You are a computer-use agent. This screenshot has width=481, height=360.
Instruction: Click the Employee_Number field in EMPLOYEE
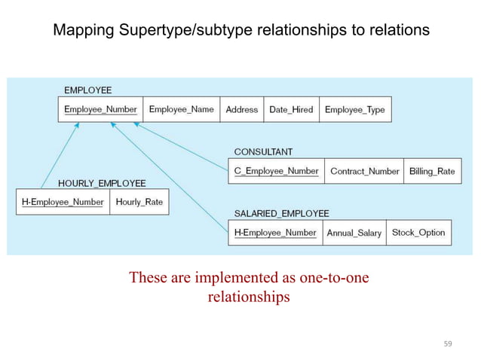[100, 110]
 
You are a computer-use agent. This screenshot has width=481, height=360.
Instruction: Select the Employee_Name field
[181, 110]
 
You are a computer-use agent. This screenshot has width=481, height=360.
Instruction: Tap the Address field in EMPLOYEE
[241, 110]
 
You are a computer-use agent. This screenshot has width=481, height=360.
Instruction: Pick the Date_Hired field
[291, 110]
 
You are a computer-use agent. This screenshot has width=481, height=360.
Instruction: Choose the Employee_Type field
[354, 110]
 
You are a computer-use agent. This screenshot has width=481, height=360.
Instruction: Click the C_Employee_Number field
[276, 171]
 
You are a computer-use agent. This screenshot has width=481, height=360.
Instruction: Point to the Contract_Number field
[365, 171]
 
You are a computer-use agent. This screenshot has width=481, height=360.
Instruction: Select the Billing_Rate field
[432, 171]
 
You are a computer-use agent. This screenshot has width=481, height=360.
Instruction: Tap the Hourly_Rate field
[139, 202]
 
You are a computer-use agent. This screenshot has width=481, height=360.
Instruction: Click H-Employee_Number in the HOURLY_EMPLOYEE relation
[63, 202]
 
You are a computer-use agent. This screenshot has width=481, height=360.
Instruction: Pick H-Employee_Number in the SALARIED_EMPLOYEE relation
[275, 233]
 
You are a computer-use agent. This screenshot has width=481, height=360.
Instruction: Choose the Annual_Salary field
[354, 233]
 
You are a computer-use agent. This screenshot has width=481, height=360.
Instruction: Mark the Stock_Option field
[418, 233]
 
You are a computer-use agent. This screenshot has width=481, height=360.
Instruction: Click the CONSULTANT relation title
[263, 152]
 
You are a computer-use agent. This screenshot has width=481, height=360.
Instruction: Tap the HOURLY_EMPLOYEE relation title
[102, 183]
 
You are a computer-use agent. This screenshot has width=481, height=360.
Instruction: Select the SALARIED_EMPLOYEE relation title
[281, 214]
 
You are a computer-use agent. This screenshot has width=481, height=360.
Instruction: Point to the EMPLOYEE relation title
[87, 90]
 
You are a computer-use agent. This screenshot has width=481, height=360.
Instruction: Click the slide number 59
[448, 344]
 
